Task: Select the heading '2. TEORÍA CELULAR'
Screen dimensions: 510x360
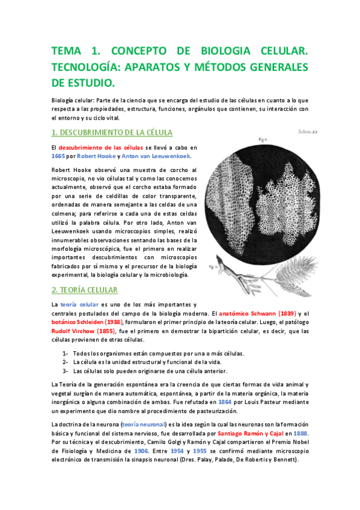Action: (x=85, y=290)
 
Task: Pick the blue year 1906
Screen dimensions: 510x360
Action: (x=142, y=450)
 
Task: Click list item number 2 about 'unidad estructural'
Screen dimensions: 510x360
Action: (x=147, y=362)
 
